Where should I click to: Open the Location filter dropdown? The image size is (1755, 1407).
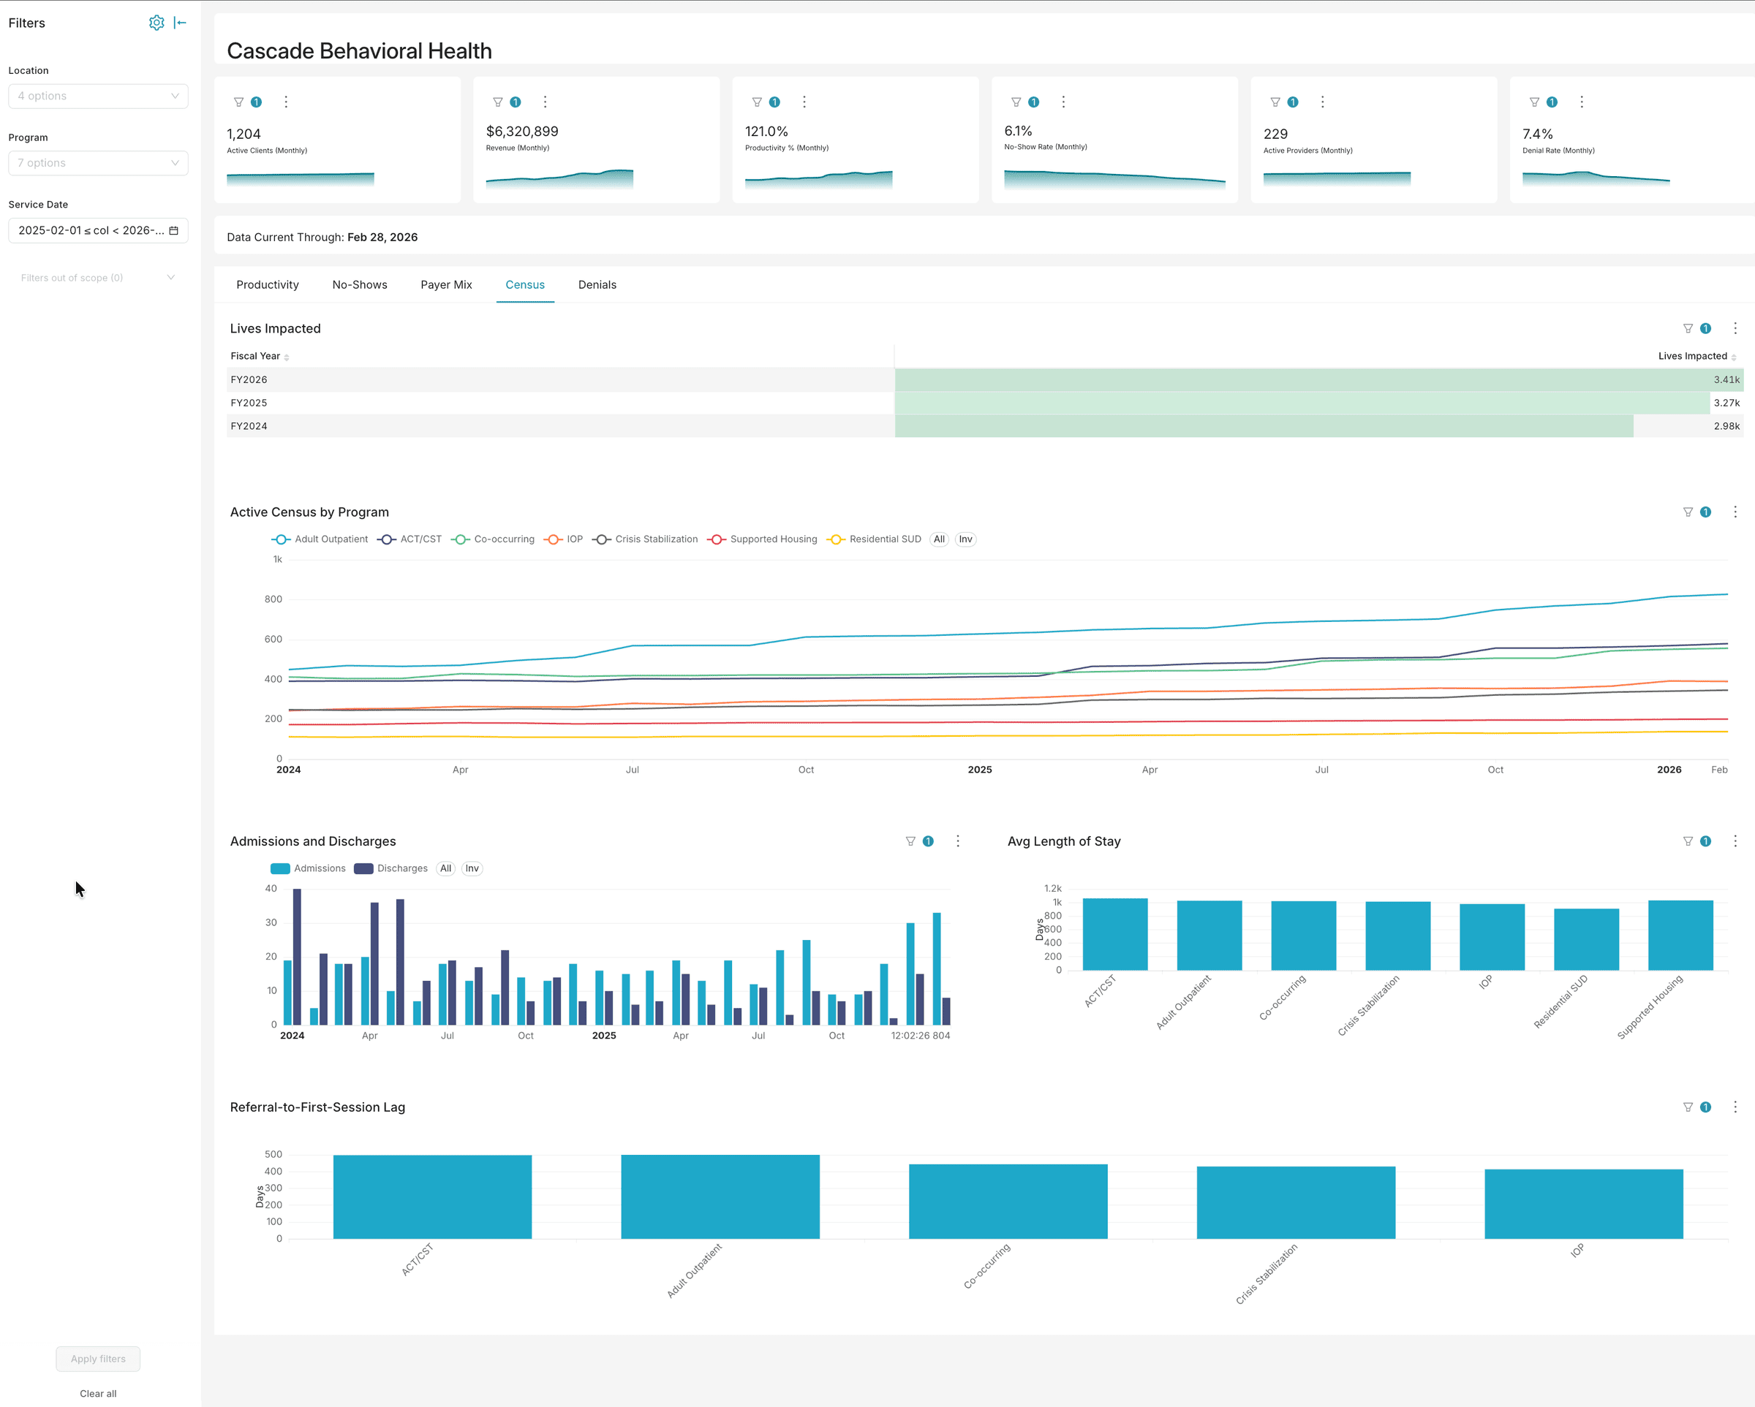(98, 96)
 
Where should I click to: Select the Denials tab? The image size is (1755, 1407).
(597, 285)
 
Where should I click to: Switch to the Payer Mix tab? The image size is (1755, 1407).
(446, 285)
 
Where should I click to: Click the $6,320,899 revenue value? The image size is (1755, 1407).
(522, 131)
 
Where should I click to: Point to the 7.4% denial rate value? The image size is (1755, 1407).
(1537, 134)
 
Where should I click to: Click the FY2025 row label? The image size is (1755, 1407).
(249, 403)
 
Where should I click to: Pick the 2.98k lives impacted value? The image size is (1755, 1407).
(1726, 425)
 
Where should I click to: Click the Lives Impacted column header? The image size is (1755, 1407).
(1691, 356)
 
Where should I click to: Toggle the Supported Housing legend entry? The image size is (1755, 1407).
(772, 539)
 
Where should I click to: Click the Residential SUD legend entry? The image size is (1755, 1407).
(884, 539)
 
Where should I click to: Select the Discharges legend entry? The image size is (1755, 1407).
(401, 868)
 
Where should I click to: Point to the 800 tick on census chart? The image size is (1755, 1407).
(273, 599)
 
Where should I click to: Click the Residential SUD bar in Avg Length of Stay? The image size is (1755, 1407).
(1585, 940)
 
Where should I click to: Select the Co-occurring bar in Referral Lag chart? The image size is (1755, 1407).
(1008, 1201)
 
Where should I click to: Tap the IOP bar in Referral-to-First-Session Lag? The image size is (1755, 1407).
(1583, 1204)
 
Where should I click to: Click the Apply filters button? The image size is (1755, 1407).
(98, 1358)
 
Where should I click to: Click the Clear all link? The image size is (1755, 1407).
(98, 1393)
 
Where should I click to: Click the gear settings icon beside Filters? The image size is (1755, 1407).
(156, 23)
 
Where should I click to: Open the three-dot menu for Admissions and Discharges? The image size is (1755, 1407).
(957, 841)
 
